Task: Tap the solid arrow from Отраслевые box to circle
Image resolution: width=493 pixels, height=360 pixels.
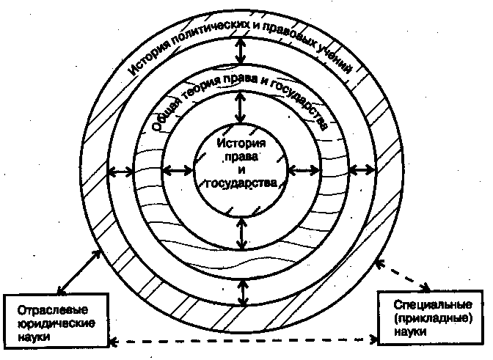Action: click(78, 271)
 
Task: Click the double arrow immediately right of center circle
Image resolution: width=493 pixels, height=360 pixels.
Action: click(302, 170)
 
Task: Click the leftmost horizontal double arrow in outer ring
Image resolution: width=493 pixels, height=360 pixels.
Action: click(120, 170)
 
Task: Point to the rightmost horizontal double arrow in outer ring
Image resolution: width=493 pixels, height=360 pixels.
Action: click(361, 170)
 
